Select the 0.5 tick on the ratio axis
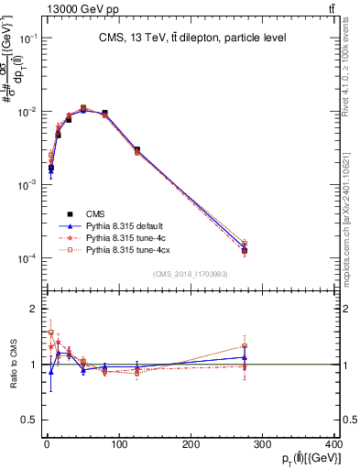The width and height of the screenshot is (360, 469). coord(32,420)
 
